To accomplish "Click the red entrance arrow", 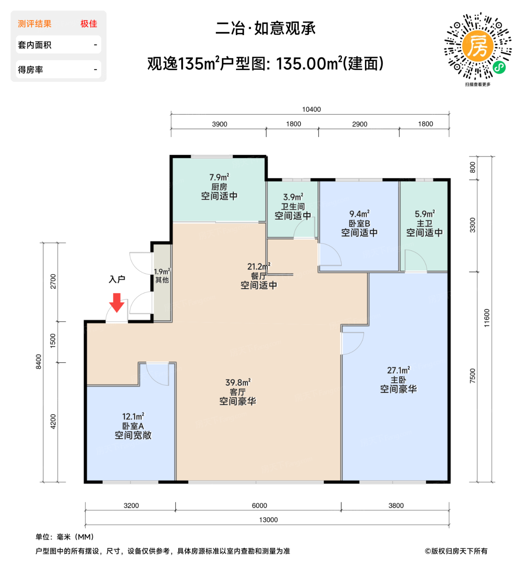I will [117, 303].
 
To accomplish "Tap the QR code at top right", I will [478, 46].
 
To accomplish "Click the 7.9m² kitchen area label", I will [219, 177].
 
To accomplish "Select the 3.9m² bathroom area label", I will [293, 197].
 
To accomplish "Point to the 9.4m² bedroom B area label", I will [359, 214].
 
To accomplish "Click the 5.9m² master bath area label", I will [425, 214].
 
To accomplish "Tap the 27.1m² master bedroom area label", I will [398, 370].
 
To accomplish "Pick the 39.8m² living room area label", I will [238, 382].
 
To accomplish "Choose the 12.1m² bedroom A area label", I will [133, 417].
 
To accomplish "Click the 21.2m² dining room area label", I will [259, 267].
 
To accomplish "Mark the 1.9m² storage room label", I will [162, 272].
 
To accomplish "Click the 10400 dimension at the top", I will [311, 110].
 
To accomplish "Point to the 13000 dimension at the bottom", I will [268, 520].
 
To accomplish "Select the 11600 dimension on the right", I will [487, 318].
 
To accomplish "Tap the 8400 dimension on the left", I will [39, 361].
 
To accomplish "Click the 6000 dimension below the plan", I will [259, 506].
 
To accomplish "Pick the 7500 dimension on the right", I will [473, 375].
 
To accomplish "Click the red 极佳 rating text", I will [89, 24].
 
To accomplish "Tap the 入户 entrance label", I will [117, 279].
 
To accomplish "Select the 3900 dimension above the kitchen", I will [220, 124].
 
